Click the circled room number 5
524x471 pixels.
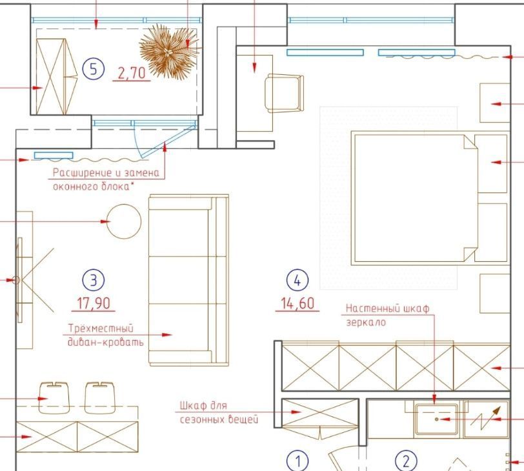pyautogui.click(x=93, y=69)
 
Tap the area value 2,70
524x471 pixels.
pyautogui.click(x=132, y=73)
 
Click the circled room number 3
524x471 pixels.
pyautogui.click(x=93, y=280)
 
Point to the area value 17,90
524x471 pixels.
pyautogui.click(x=93, y=303)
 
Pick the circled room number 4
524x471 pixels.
pyautogui.click(x=297, y=280)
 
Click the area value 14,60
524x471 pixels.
pyautogui.click(x=297, y=303)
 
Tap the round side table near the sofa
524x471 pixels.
pyautogui.click(x=124, y=221)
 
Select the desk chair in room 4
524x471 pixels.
pyautogui.click(x=285, y=92)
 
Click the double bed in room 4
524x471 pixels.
pyautogui.click(x=429, y=198)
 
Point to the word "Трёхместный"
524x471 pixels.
pyautogui.click(x=101, y=328)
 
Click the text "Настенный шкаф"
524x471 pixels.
pyautogui.click(x=387, y=308)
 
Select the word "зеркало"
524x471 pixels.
pyautogui.click(x=366, y=323)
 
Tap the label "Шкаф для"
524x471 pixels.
pyautogui.click(x=203, y=406)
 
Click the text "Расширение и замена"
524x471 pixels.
pyautogui.click(x=106, y=173)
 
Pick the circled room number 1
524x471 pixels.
pyautogui.click(x=297, y=461)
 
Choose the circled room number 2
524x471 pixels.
pyautogui.click(x=406, y=461)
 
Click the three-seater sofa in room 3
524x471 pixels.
pyautogui.click(x=189, y=280)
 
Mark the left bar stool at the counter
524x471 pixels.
pyautogui.click(x=54, y=397)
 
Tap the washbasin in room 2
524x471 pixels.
pyautogui.click(x=436, y=419)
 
